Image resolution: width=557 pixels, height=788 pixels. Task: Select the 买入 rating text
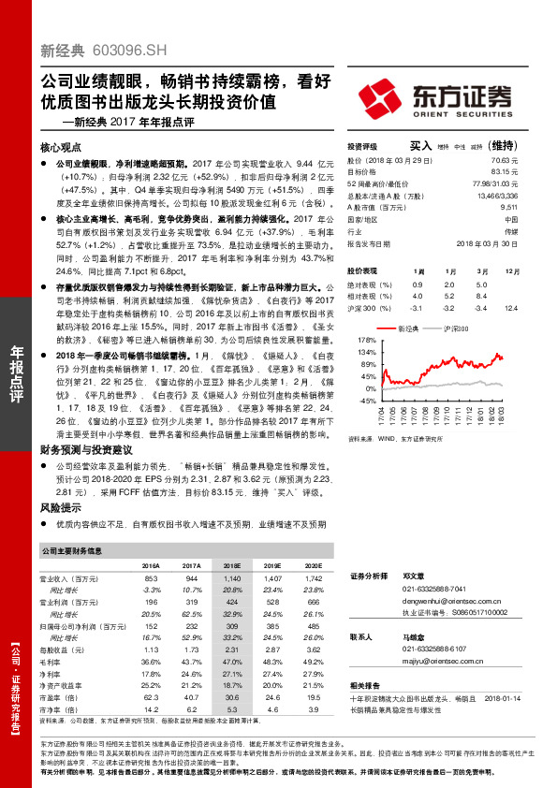click(x=420, y=146)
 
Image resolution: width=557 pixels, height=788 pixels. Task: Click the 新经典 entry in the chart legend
click(x=406, y=329)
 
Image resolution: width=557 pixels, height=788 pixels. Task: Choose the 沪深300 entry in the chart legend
click(x=453, y=329)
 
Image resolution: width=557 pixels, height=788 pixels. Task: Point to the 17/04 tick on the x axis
click(x=382, y=413)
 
